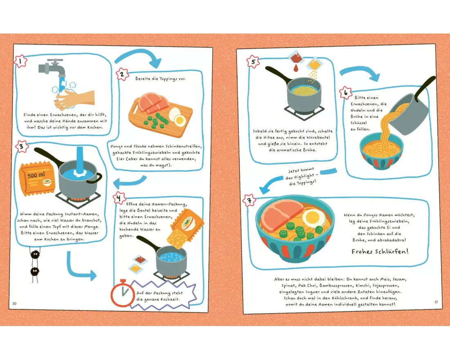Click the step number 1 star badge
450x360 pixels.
click(21, 61)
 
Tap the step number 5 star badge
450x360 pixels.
click(253, 61)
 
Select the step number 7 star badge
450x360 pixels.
click(250, 200)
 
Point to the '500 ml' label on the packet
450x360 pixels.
click(36, 175)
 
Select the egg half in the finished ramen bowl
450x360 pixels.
click(310, 218)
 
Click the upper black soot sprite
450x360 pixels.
click(35, 254)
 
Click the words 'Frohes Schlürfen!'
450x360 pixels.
click(380, 252)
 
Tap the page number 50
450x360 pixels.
click(15, 304)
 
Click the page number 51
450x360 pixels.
click(436, 302)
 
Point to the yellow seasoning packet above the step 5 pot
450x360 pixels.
click(314, 64)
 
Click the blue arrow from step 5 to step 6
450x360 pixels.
click(360, 73)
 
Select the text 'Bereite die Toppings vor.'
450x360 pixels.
click(160, 79)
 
